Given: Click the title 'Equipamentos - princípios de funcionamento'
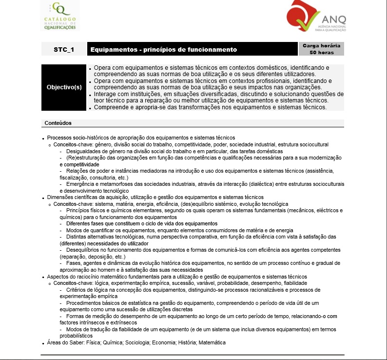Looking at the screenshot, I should tap(164, 49).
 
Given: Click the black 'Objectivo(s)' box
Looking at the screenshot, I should tap(64, 87).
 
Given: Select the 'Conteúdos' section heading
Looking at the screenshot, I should tap(58, 123).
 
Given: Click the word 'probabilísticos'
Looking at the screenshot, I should tap(76, 336).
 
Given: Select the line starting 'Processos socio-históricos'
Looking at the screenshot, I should tap(141, 138).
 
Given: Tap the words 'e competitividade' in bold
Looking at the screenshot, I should tap(79, 164).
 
